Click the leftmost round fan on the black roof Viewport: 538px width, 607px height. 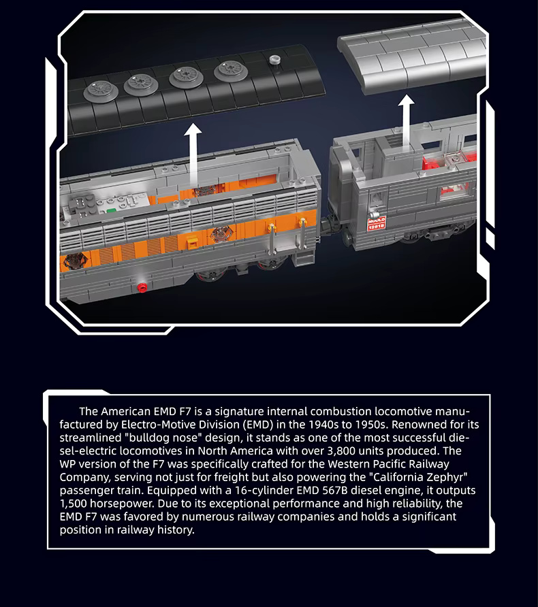[x=101, y=91]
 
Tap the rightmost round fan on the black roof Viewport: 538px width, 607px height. [x=232, y=71]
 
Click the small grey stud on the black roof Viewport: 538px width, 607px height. [x=274, y=59]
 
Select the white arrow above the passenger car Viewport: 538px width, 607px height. [x=407, y=120]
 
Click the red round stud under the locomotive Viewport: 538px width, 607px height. [x=142, y=287]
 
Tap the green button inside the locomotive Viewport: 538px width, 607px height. [x=111, y=212]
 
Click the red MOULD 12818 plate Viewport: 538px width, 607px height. [x=376, y=224]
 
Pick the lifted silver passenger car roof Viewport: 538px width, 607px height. [x=413, y=55]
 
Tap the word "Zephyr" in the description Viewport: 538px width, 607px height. [x=449, y=477]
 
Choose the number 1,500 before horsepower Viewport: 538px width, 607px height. [x=73, y=504]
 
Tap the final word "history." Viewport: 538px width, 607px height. [x=176, y=530]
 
